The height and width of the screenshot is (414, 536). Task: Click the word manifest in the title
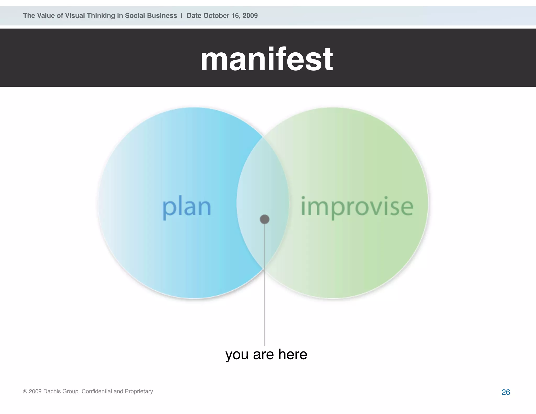coord(266,59)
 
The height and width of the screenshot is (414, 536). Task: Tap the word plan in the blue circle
coord(187,207)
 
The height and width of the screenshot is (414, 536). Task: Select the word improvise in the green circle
coord(357,207)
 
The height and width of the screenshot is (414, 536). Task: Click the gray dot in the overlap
coord(265,219)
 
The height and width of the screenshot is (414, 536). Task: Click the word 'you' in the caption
coord(237,355)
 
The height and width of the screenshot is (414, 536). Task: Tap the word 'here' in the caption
coord(293,354)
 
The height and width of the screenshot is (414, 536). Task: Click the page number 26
coord(506,392)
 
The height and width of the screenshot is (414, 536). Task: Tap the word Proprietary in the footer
coord(139,391)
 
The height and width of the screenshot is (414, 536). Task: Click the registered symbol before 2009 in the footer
coord(25,391)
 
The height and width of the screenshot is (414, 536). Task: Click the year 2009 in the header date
coord(250,16)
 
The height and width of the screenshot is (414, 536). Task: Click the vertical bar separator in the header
coord(182,16)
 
